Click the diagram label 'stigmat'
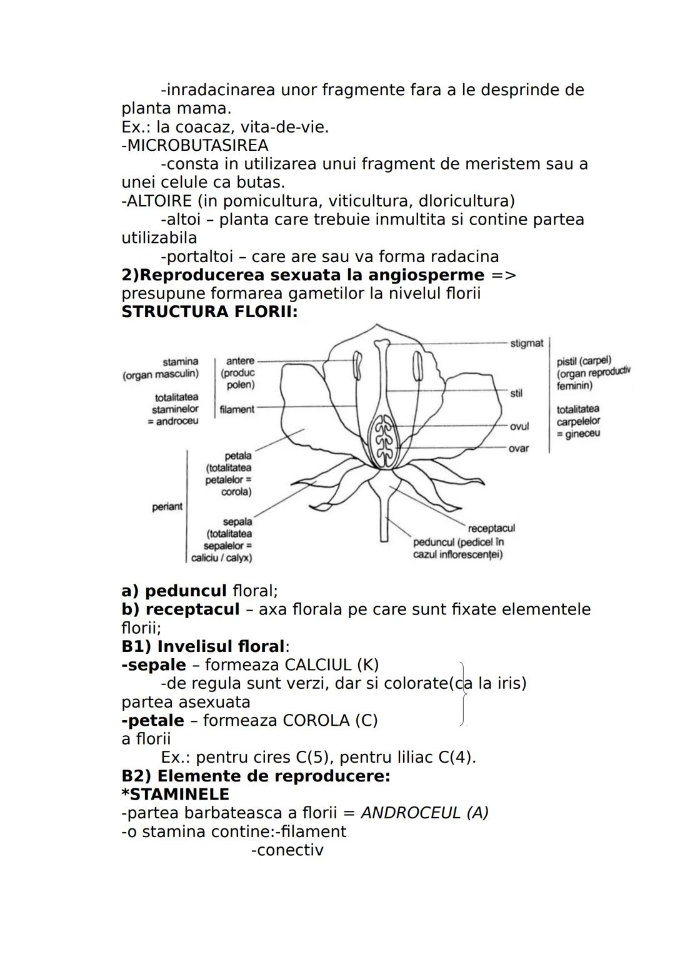click(x=526, y=343)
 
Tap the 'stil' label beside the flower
click(x=516, y=394)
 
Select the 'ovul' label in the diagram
click(x=519, y=426)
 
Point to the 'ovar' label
click(x=518, y=449)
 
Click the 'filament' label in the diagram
click(x=237, y=409)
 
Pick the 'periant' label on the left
click(x=167, y=507)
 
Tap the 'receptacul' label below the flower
click(x=491, y=529)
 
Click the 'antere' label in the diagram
click(x=240, y=361)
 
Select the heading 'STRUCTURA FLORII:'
click(x=209, y=312)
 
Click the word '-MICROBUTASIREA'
click(x=194, y=146)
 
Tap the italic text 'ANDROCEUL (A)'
click(x=424, y=813)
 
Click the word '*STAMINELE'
click(x=175, y=795)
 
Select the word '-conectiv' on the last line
click(x=287, y=850)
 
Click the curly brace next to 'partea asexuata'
click(x=462, y=693)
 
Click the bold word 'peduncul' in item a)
click(x=186, y=591)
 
